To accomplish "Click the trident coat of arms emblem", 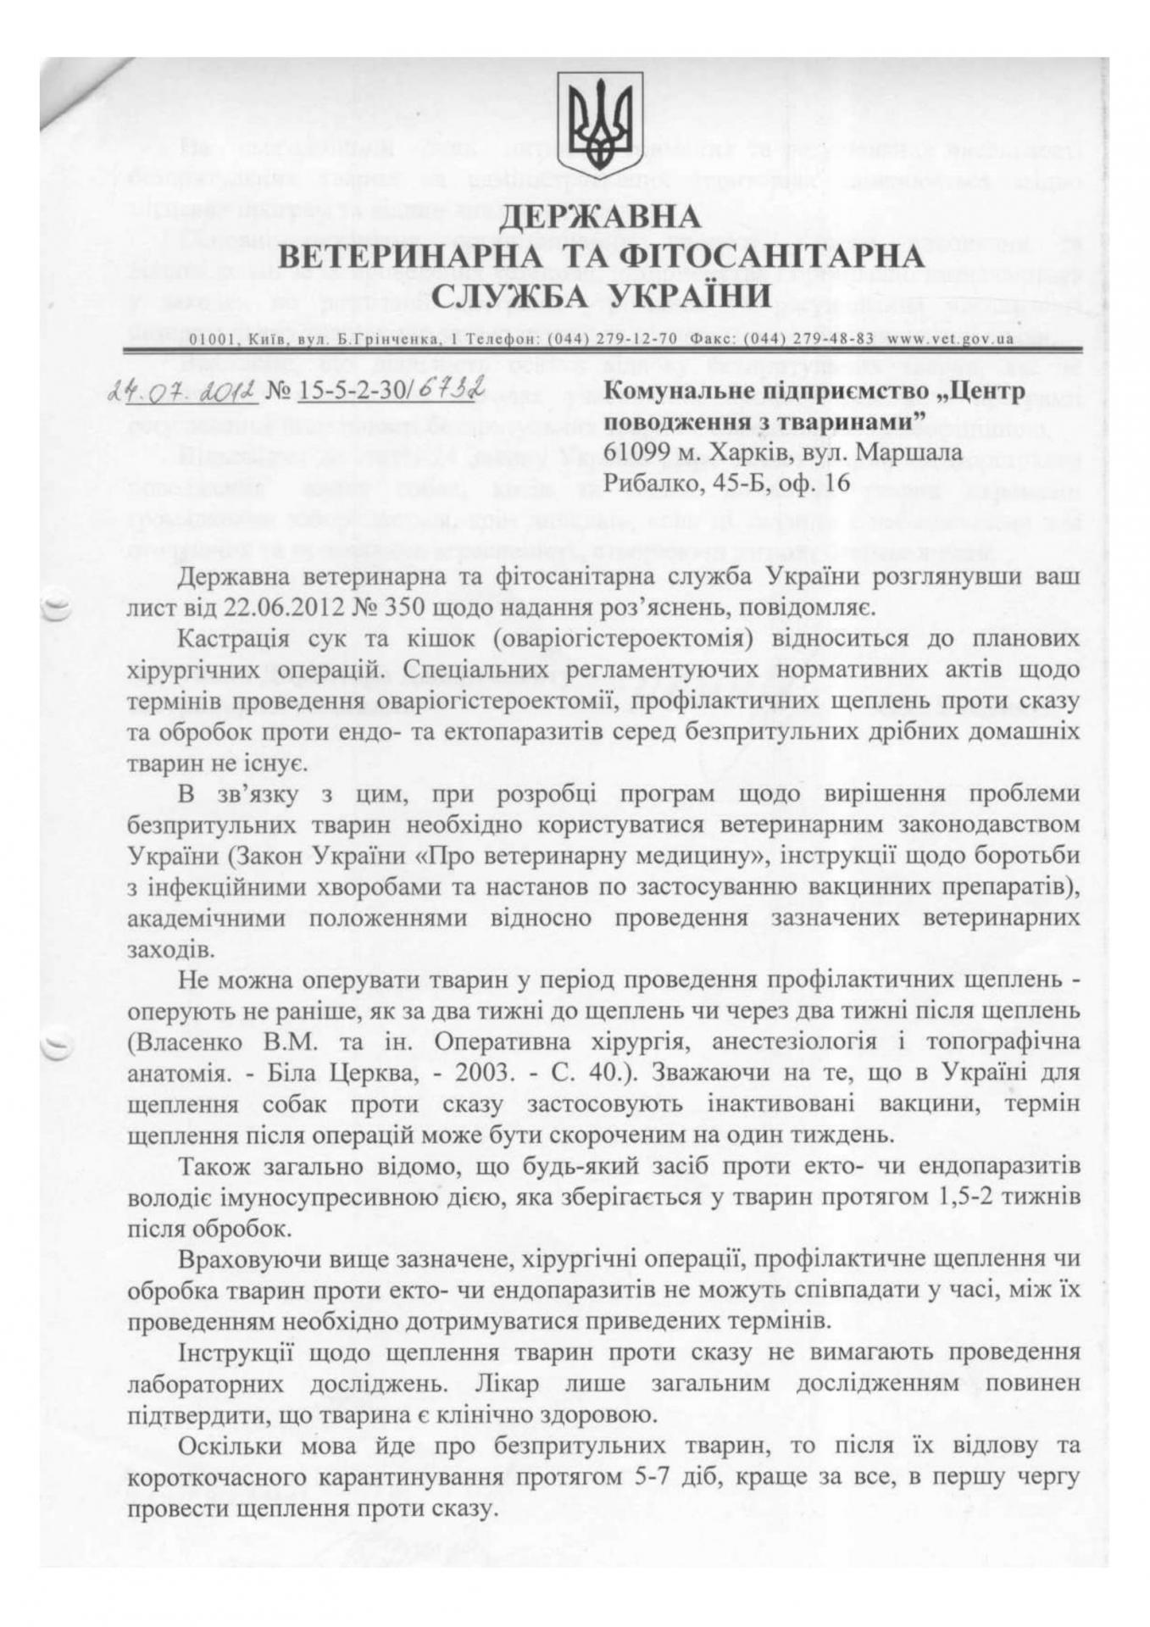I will point(599,119).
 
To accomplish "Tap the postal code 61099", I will point(640,452).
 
